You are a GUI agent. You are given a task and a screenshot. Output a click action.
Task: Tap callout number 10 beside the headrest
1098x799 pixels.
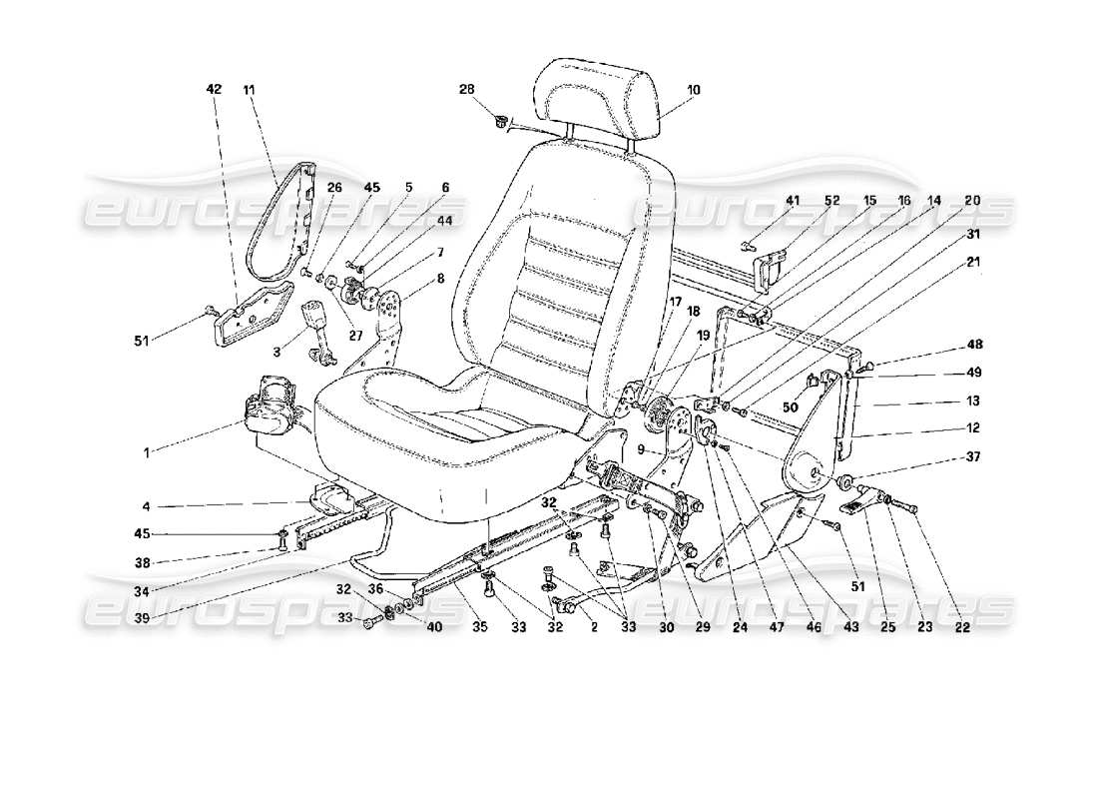click(x=693, y=90)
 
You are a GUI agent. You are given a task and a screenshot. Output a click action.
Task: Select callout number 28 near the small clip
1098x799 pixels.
click(x=466, y=90)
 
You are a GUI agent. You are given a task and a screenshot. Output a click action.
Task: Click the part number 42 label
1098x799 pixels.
click(x=213, y=90)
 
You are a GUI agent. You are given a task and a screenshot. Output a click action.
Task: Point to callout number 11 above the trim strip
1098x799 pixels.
click(x=249, y=90)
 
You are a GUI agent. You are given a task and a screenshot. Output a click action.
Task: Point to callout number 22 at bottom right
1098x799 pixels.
click(x=960, y=630)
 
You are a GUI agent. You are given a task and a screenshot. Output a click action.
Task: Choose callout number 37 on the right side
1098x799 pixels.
click(x=973, y=458)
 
